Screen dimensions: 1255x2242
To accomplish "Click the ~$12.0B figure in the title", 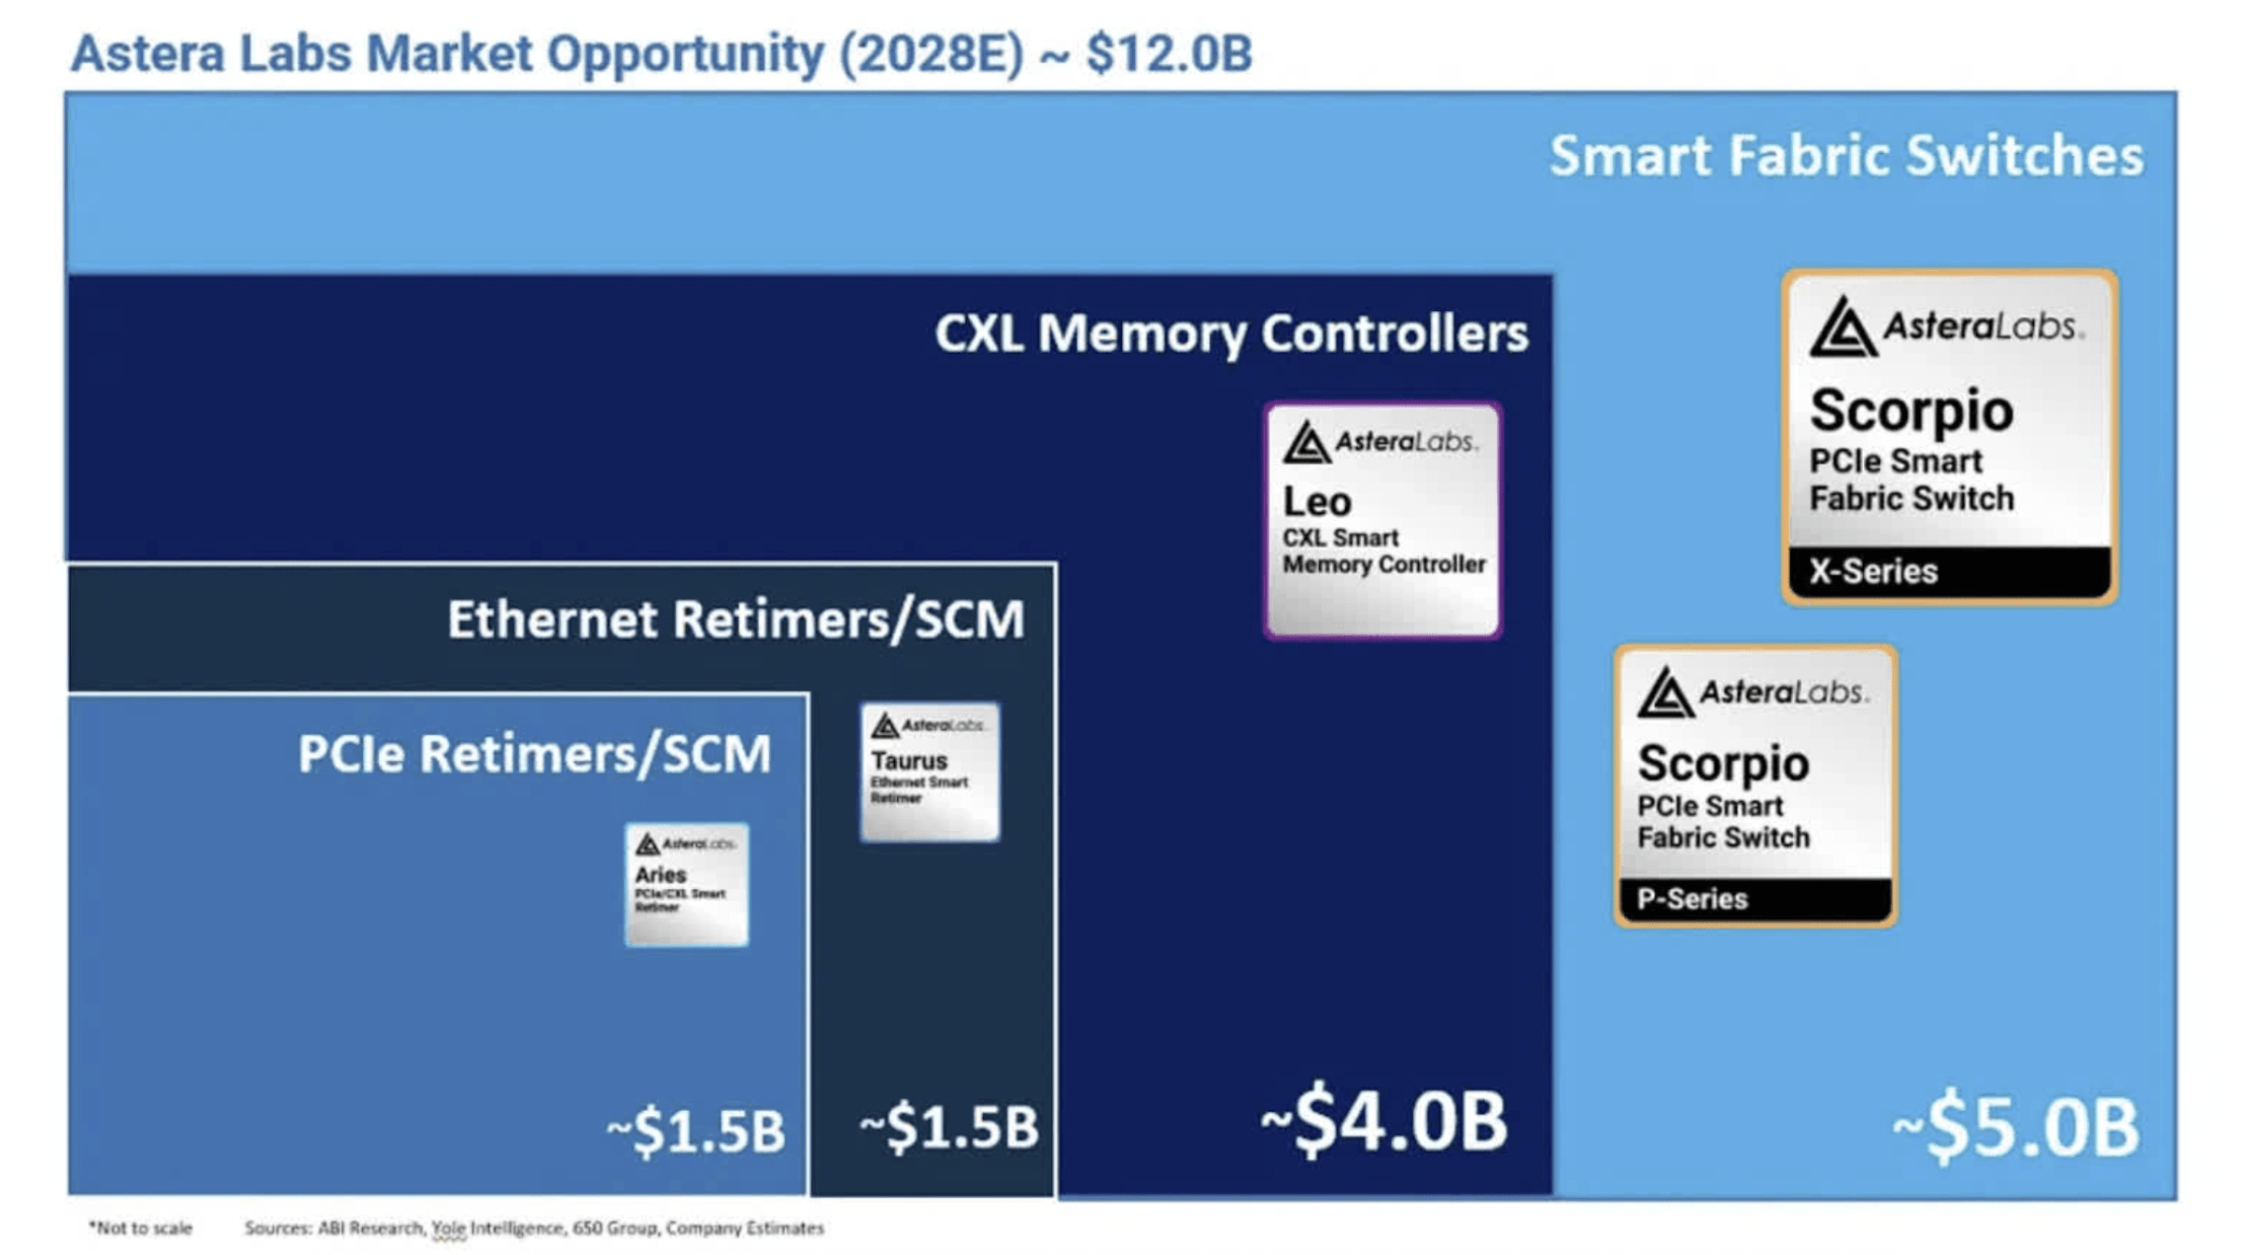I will coord(1169,53).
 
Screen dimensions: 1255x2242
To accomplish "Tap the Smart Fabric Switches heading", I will coord(1845,155).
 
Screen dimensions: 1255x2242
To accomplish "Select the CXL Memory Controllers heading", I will coord(1231,333).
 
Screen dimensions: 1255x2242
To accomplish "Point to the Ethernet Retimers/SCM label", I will coord(736,619).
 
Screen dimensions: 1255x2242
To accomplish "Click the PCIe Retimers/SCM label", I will coord(535,754).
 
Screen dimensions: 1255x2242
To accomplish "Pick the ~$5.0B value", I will coord(2016,1127).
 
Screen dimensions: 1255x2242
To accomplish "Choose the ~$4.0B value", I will coord(1383,1121).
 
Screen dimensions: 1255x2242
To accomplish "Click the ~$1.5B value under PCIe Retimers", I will coord(695,1131).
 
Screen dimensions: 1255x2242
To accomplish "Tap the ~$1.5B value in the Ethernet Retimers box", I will coord(948,1126).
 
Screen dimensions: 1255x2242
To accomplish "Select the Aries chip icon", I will coord(686,884).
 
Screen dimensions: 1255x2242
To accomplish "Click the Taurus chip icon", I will coord(930,771).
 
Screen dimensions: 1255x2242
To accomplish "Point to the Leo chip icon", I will coord(1382,520).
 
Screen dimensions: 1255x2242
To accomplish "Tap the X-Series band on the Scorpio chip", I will coord(1949,571).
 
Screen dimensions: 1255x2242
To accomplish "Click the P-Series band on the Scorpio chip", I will coord(1755,898).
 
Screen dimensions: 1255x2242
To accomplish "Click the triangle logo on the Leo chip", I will coord(1305,443).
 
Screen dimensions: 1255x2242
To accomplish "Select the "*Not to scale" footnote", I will coord(140,1228).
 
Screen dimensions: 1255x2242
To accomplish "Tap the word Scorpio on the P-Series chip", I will coord(1723,763).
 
